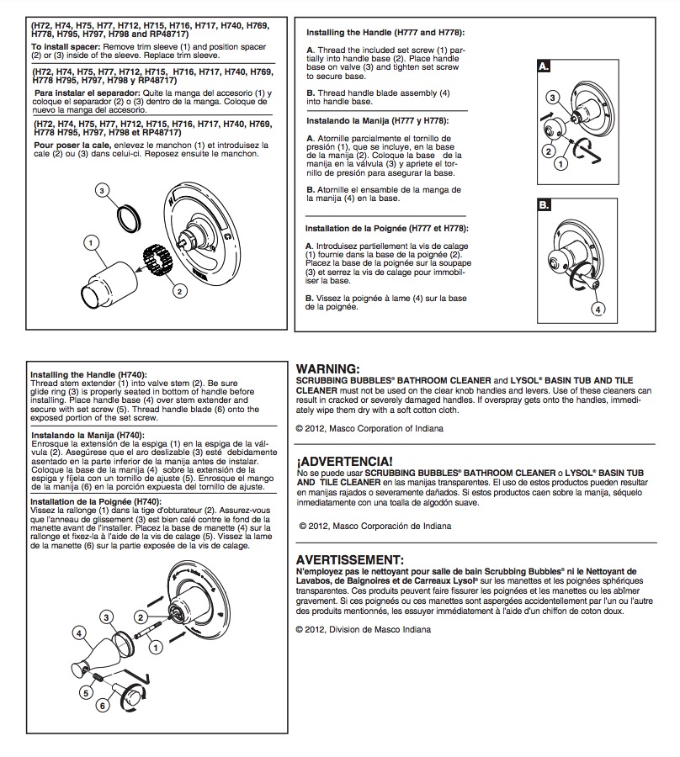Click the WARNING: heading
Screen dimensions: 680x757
(328, 369)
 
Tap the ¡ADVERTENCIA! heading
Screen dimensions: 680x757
(344, 461)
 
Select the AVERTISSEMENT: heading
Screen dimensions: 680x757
(349, 560)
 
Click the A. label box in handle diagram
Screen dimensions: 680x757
(544, 66)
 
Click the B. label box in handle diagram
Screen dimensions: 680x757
(544, 205)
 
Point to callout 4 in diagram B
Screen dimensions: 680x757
(598, 309)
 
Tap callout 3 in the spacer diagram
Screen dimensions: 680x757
(102, 190)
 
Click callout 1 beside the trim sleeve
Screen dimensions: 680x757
(91, 242)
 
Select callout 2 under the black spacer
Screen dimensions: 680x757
(179, 291)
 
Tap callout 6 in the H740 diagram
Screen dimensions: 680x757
(102, 706)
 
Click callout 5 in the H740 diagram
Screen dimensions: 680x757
(86, 693)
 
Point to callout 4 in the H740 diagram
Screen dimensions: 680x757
(79, 633)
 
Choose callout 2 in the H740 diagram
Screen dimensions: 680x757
(141, 617)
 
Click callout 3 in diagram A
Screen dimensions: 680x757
(552, 98)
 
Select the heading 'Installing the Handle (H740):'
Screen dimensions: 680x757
(88, 374)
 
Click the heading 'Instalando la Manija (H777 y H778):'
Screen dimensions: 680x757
(377, 120)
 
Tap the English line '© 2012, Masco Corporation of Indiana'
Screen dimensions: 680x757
(369, 428)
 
